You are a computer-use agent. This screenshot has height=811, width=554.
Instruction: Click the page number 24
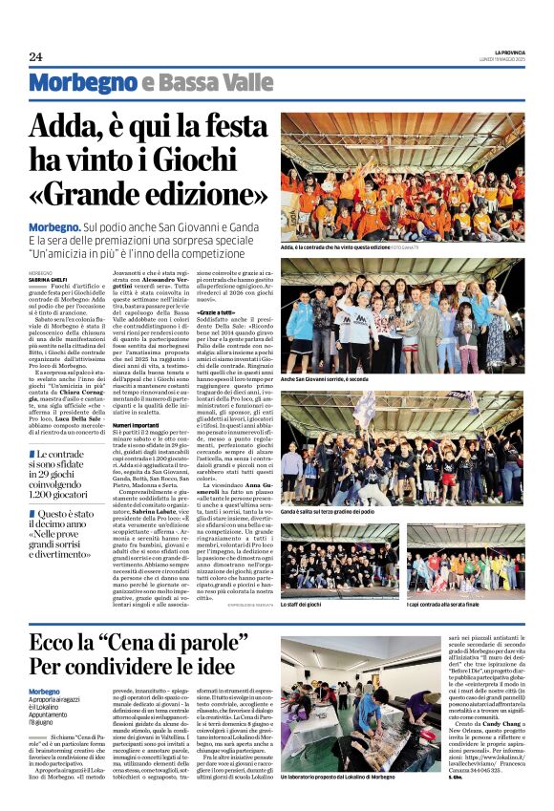(x=35, y=56)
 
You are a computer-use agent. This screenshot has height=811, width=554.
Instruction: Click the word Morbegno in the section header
(x=82, y=83)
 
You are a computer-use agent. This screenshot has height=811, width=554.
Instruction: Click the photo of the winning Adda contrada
(x=401, y=176)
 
